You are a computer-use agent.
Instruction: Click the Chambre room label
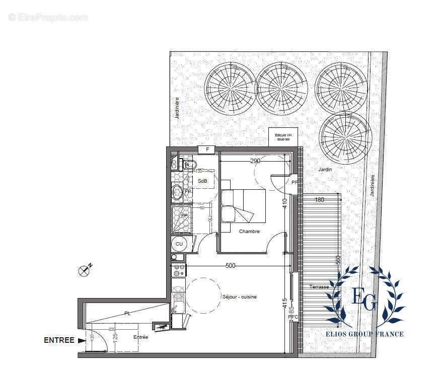pyautogui.click(x=249, y=232)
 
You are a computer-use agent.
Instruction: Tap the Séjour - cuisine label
pyautogui.click(x=239, y=297)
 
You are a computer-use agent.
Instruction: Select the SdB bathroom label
pyautogui.click(x=202, y=181)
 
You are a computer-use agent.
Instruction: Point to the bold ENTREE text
pyautogui.click(x=59, y=340)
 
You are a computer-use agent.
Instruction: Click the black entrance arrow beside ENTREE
pyautogui.click(x=82, y=340)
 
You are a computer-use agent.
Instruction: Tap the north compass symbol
pyautogui.click(x=85, y=270)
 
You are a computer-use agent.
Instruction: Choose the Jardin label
pyautogui.click(x=325, y=170)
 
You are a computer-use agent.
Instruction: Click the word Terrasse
pyautogui.click(x=320, y=287)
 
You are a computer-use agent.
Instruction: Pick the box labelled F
pyautogui.click(x=206, y=149)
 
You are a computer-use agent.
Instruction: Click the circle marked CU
pyautogui.click(x=179, y=244)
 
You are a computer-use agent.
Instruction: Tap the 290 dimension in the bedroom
pyautogui.click(x=256, y=161)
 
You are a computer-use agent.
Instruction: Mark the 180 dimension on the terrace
pyautogui.click(x=319, y=200)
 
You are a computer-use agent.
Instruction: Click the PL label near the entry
pyautogui.click(x=127, y=313)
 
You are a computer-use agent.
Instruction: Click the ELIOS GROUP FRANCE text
pyautogui.click(x=365, y=334)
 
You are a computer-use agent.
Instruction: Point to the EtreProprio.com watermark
pyautogui.click(x=48, y=17)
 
